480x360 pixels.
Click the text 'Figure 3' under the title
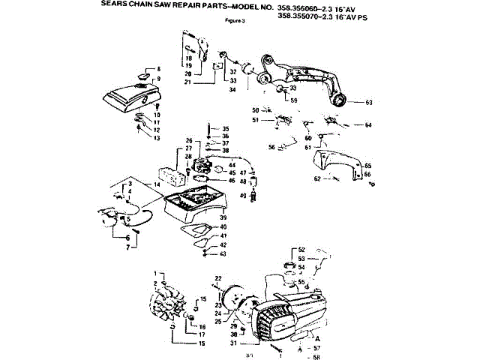(235, 20)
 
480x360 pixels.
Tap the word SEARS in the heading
(115, 4)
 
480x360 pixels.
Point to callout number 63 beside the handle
(368, 102)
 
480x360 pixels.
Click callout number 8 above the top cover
(157, 70)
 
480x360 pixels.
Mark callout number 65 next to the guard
(367, 164)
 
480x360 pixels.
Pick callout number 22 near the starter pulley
(217, 278)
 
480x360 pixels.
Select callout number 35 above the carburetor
(224, 129)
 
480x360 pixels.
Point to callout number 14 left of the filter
(157, 184)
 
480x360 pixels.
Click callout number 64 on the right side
(368, 124)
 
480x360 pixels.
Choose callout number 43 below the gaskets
(223, 253)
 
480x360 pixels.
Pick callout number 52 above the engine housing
(301, 249)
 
